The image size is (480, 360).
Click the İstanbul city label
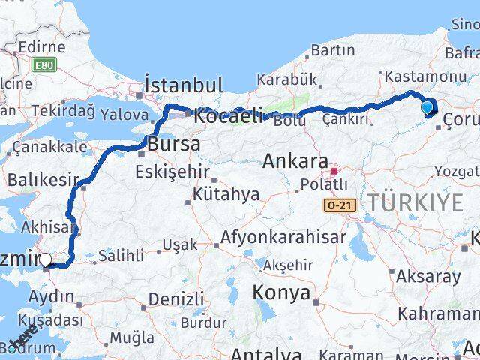click(x=183, y=83)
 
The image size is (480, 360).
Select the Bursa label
click(x=174, y=144)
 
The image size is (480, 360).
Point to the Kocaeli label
click(x=229, y=116)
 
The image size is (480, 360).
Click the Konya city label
click(x=281, y=292)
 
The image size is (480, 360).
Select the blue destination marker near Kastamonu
click(x=427, y=108)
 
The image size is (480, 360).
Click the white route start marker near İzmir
click(x=46, y=260)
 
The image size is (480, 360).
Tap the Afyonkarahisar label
click(x=283, y=238)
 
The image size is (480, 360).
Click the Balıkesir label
click(x=43, y=180)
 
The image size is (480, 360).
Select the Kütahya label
click(x=226, y=195)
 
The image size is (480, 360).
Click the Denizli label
click(x=175, y=298)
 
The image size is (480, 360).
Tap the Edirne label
click(x=43, y=47)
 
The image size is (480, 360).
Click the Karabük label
click(x=287, y=79)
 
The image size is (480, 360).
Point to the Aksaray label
click(x=430, y=276)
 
